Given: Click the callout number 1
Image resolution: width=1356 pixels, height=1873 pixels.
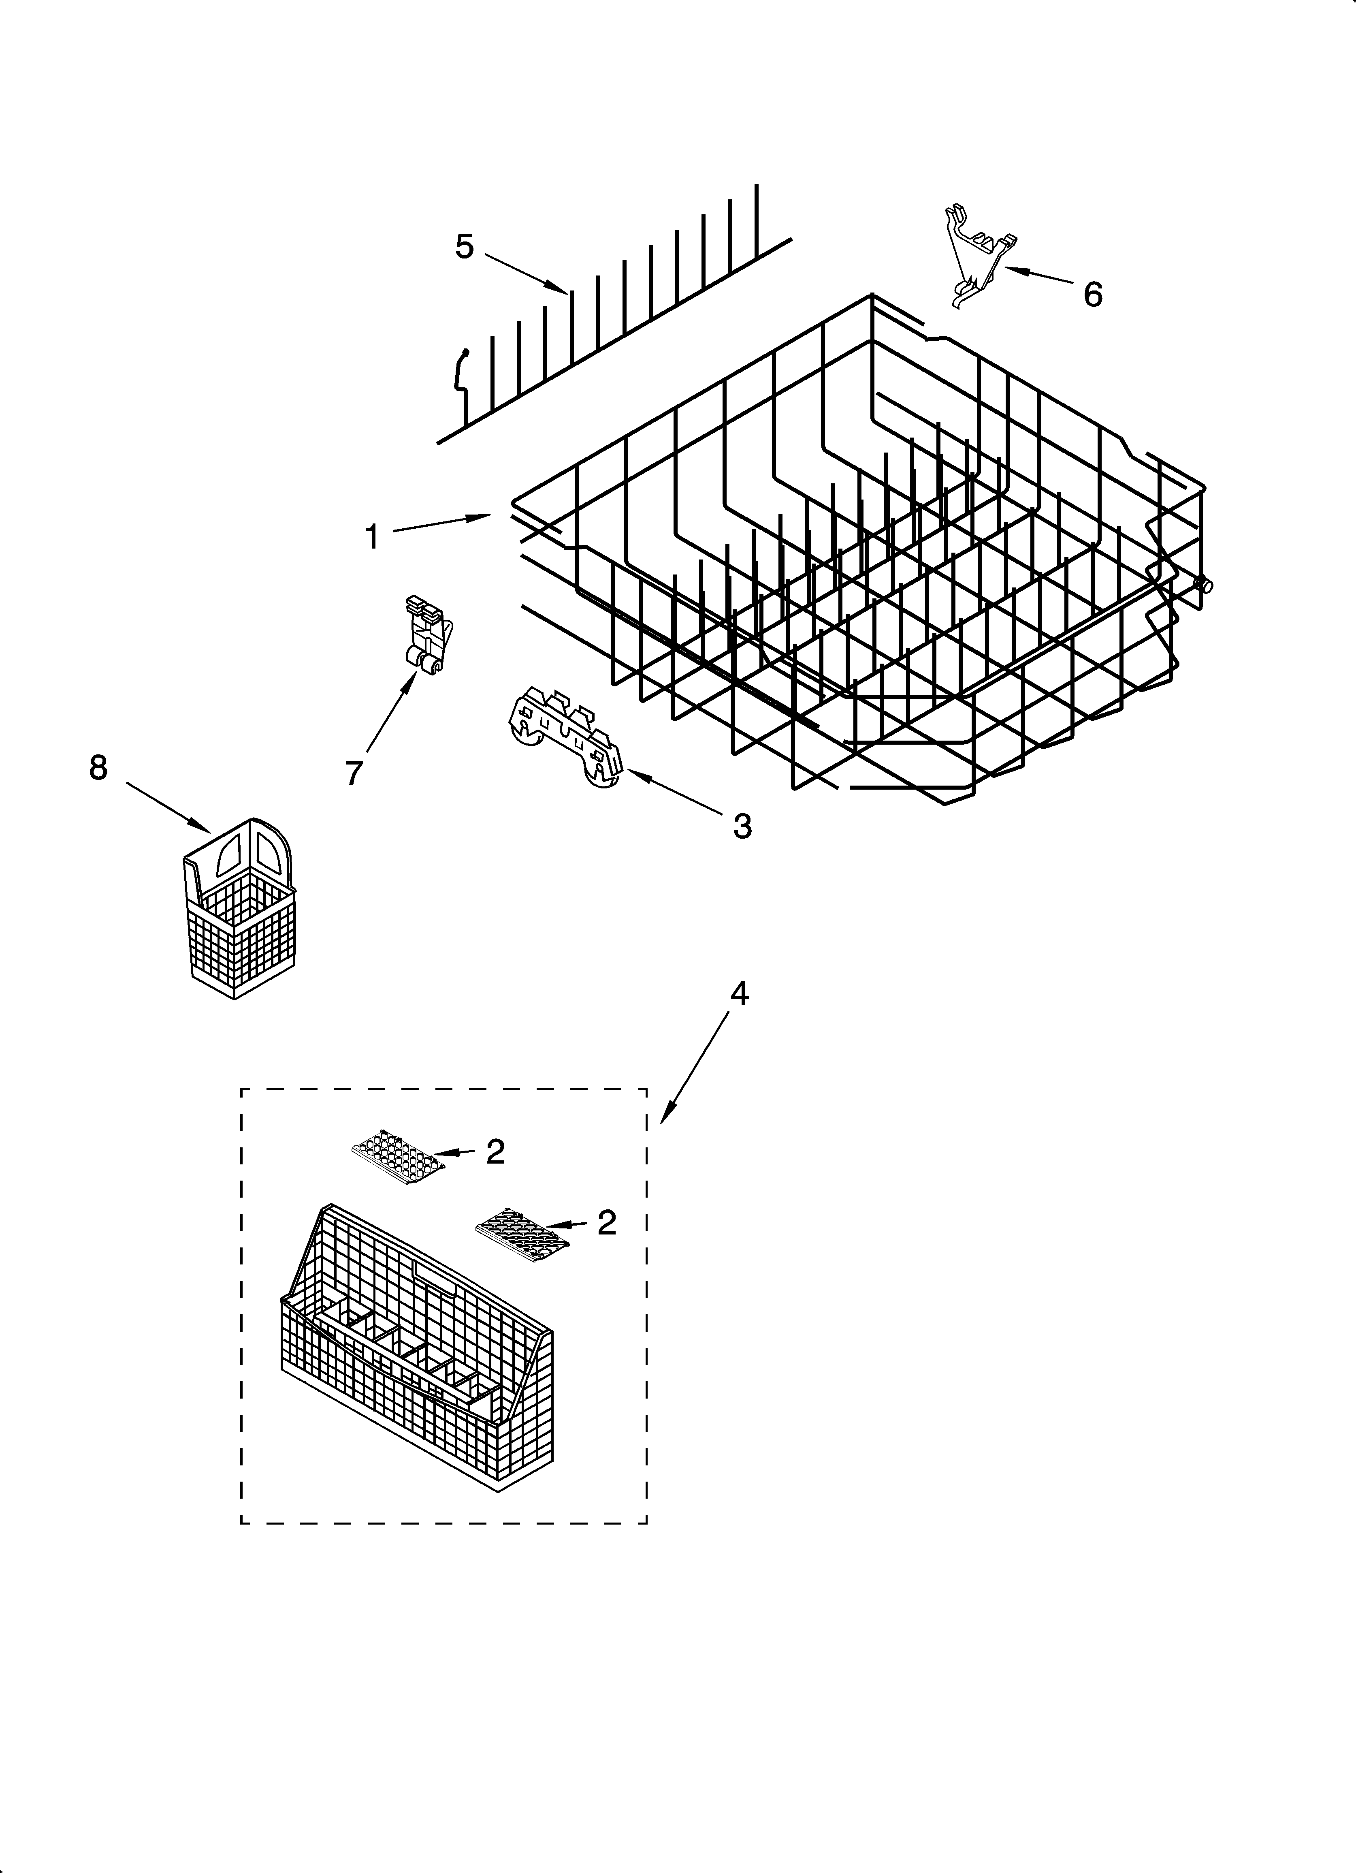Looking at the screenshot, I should pyautogui.click(x=373, y=537).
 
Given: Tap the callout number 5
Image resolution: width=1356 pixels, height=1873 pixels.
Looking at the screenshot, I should pyautogui.click(x=465, y=246).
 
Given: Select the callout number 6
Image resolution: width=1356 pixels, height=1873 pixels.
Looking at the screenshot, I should pyautogui.click(x=1093, y=294).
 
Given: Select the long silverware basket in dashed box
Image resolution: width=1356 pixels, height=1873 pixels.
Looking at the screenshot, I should pyautogui.click(x=417, y=1354).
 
